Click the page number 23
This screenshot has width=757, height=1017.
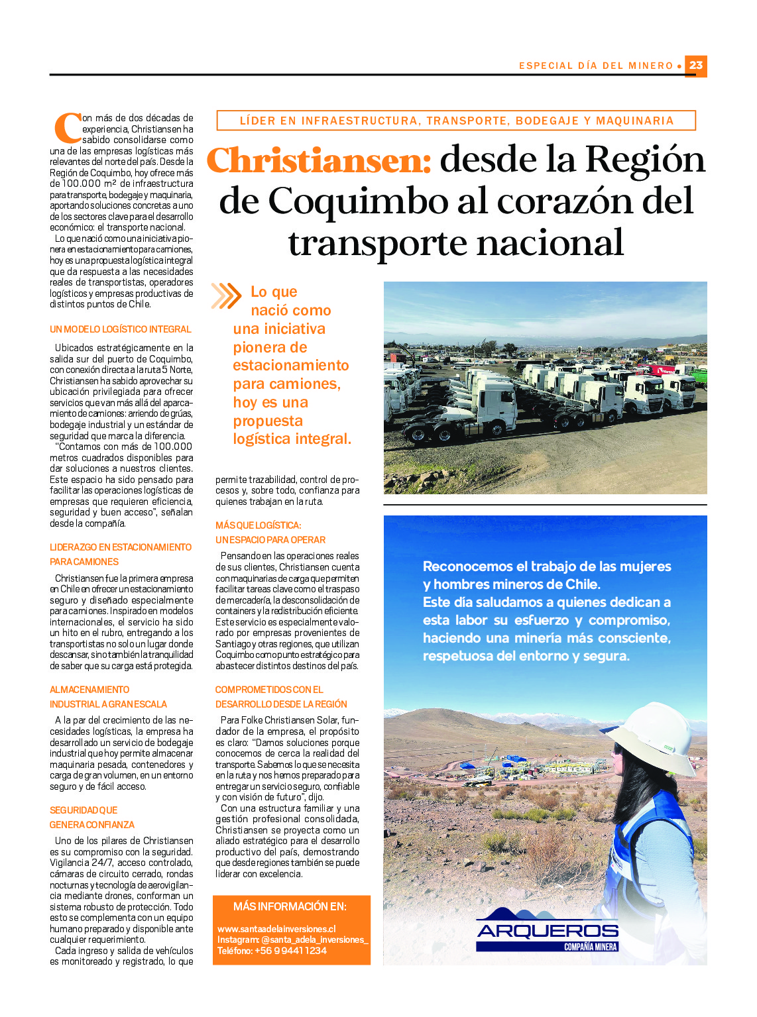[695, 66]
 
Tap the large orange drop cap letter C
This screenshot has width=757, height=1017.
[67, 128]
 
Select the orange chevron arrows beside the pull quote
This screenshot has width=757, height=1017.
[226, 296]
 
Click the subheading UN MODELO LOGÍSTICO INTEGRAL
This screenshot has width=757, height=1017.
[120, 329]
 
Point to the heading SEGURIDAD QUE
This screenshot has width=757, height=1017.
[84, 810]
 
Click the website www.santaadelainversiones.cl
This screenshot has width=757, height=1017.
[276, 929]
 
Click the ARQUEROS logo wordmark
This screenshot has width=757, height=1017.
[548, 931]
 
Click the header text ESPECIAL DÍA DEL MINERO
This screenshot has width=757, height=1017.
[596, 66]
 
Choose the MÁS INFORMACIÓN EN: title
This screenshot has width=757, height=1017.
[290, 906]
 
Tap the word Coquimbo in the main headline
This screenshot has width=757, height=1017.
[358, 201]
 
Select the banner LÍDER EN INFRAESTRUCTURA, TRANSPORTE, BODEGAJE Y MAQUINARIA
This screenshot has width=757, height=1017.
[456, 121]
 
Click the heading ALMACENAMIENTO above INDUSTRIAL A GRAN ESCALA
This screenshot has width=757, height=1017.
[89, 690]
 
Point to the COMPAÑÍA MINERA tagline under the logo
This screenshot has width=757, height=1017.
[590, 947]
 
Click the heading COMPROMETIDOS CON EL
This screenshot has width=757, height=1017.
[269, 690]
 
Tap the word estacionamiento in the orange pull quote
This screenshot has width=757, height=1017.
[290, 366]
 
